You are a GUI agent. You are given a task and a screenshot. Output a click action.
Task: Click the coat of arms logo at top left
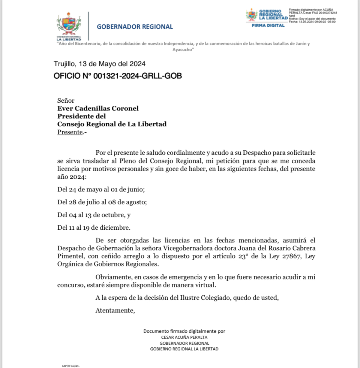click(69, 25)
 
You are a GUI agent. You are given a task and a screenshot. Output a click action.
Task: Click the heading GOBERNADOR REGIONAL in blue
click(135, 27)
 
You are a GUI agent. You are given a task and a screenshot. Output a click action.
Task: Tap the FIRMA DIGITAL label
click(268, 25)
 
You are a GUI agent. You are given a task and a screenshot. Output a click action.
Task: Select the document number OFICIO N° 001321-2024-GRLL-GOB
click(118, 76)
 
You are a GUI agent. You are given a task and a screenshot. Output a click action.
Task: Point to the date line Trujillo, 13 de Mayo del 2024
click(99, 64)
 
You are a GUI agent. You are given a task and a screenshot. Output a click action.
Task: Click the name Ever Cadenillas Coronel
click(98, 108)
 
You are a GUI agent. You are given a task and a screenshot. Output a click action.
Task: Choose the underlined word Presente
click(70, 132)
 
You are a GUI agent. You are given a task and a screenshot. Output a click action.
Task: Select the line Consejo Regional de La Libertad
click(112, 124)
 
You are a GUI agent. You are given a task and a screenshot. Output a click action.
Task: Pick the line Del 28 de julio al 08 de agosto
click(102, 202)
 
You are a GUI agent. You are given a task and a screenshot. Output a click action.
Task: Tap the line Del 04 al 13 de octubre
click(94, 215)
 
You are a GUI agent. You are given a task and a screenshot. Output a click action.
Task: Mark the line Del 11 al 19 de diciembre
click(94, 227)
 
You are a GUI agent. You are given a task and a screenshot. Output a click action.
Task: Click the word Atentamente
click(115, 310)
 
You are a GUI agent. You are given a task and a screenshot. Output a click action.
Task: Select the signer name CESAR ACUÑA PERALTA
click(184, 337)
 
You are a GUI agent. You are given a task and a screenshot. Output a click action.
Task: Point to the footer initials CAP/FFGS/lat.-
click(71, 366)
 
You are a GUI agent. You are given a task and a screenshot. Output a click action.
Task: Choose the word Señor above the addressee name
click(66, 100)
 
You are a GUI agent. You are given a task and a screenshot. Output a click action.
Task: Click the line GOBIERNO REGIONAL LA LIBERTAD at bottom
click(184, 349)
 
